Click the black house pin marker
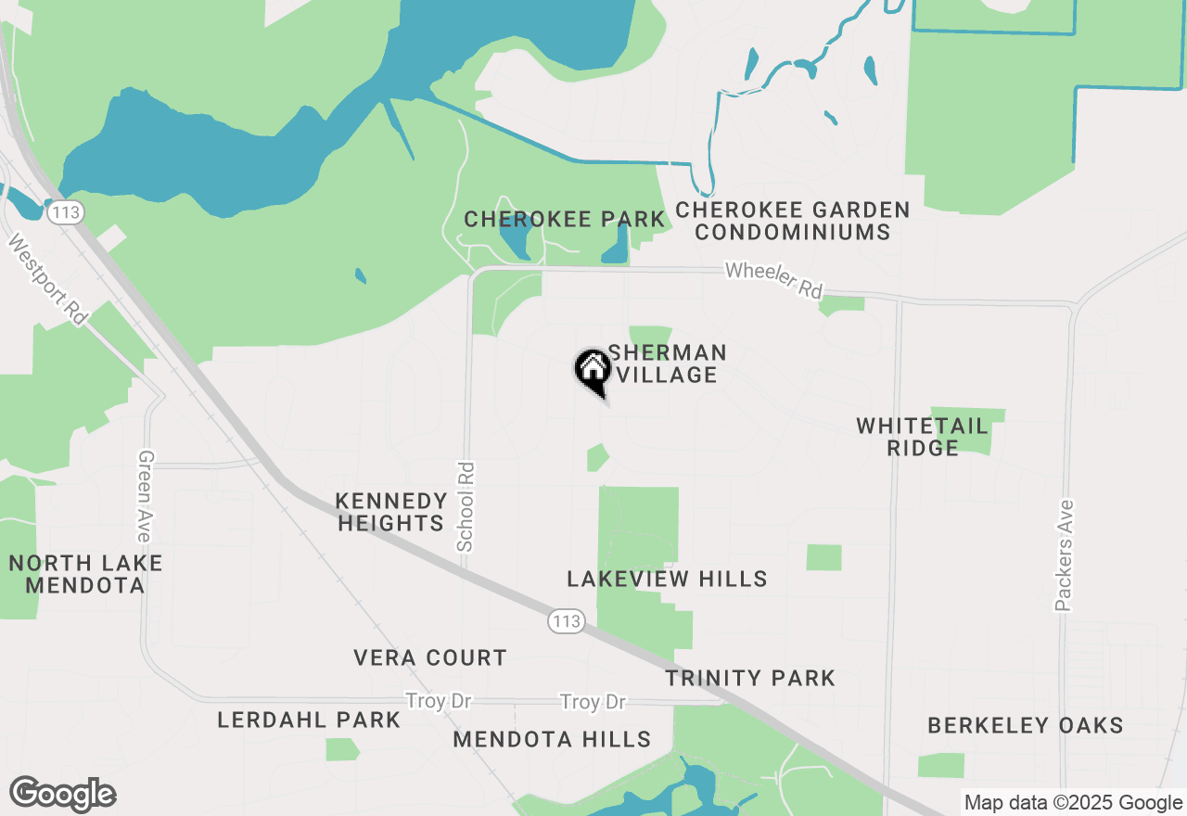(593, 371)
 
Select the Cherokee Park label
(564, 220)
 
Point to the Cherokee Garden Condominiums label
(793, 221)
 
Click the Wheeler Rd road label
(773, 279)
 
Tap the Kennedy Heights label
(390, 512)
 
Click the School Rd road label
(466, 507)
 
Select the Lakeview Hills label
(667, 580)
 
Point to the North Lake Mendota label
(85, 574)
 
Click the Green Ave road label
(144, 496)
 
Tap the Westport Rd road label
(48, 279)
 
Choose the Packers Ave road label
(1064, 555)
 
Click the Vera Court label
(430, 658)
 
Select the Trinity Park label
(750, 679)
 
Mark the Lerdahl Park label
(309, 720)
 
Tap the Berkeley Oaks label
(1026, 725)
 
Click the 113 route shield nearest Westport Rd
(67, 212)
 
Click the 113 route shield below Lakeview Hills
(566, 621)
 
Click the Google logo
(63, 795)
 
